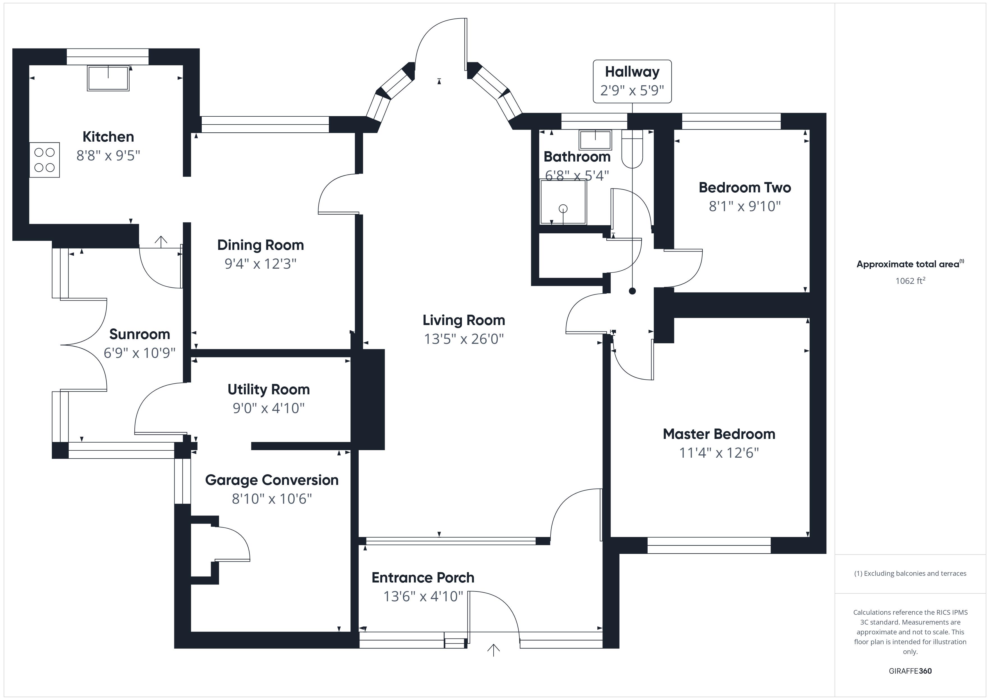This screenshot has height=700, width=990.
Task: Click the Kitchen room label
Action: [x=108, y=137]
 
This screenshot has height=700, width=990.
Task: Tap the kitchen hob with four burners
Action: [x=44, y=160]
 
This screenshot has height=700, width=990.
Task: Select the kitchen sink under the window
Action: [x=108, y=78]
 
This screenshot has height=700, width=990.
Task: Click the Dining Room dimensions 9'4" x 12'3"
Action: [x=260, y=263]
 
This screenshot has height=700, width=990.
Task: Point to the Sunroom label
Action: [x=140, y=334]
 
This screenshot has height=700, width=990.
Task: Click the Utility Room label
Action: [x=269, y=390]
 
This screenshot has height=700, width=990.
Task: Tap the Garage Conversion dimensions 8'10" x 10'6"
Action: [x=272, y=499]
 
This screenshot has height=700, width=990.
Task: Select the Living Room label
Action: [x=464, y=320]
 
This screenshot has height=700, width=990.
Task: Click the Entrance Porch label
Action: [x=423, y=578]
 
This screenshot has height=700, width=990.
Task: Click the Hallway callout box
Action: [x=632, y=81]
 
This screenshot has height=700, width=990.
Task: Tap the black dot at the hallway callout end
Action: [x=632, y=291]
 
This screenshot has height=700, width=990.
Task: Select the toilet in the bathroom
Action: [x=632, y=149]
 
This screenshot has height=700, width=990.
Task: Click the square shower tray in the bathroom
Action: [x=563, y=202]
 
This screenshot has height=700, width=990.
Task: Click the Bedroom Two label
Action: [x=745, y=188]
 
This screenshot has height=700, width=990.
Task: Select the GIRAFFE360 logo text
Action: [x=910, y=671]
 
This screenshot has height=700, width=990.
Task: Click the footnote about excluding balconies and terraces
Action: [x=910, y=573]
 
